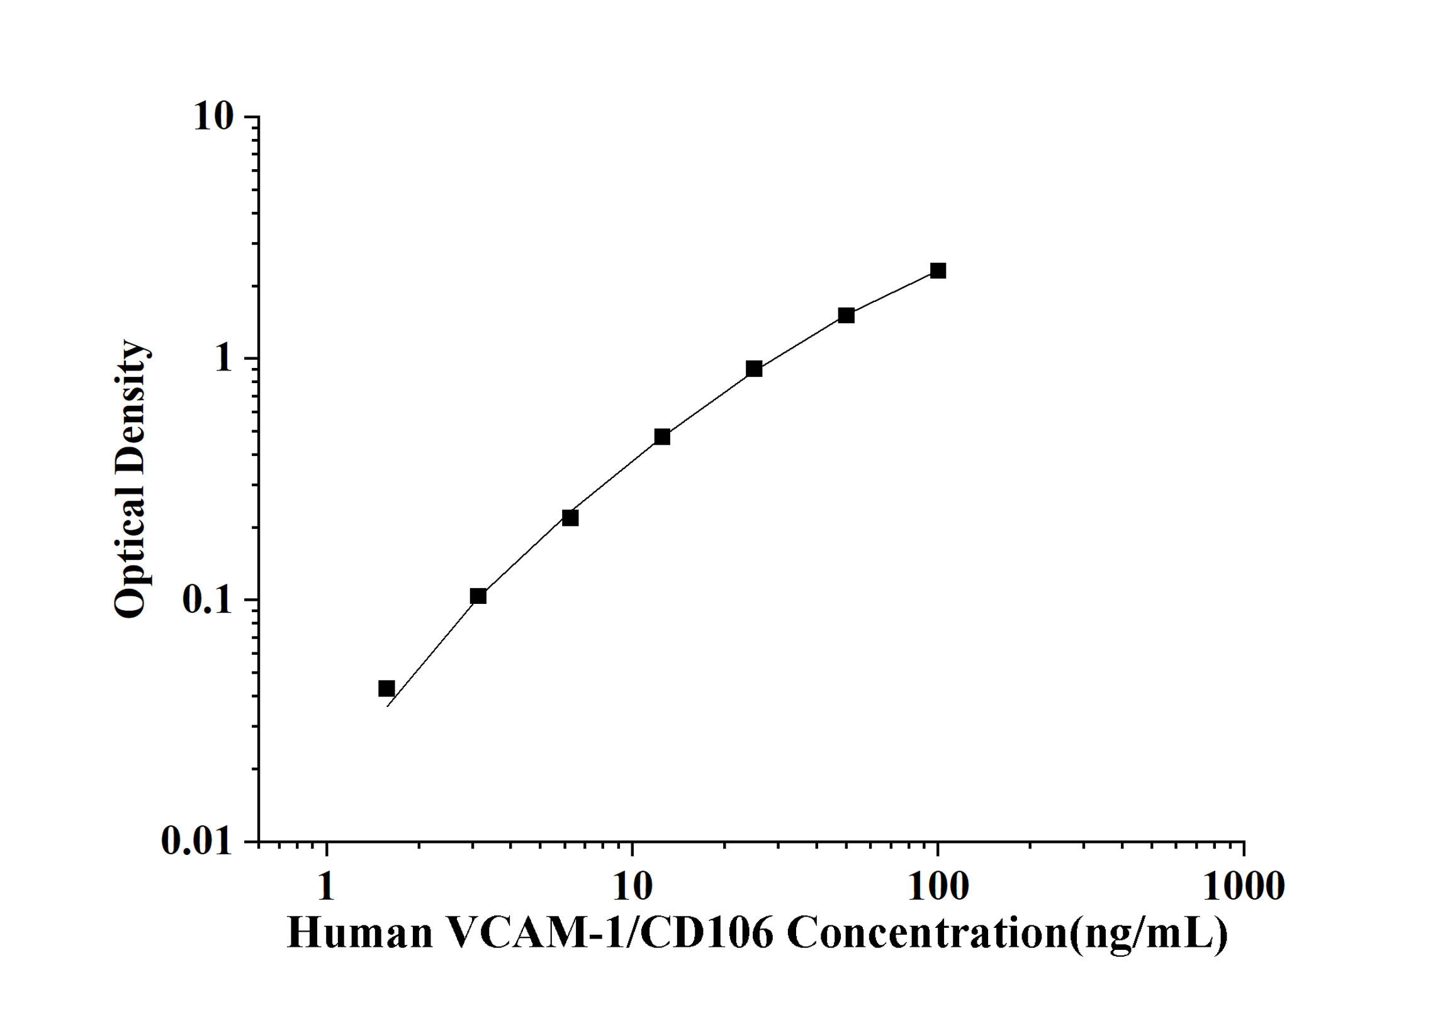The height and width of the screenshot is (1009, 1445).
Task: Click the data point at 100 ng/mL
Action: (x=938, y=271)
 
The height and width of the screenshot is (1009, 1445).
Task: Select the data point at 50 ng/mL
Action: (x=846, y=315)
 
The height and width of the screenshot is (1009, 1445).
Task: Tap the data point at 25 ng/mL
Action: (x=754, y=369)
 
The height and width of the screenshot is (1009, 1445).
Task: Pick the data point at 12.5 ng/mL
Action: (x=662, y=437)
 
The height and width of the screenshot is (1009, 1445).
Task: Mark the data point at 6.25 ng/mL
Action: (x=570, y=518)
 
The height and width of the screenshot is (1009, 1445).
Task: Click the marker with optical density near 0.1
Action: (x=478, y=596)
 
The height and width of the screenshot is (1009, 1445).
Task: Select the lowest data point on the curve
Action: (x=386, y=688)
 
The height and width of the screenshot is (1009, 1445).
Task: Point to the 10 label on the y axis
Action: (x=213, y=117)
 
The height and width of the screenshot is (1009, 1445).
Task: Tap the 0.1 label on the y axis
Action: (x=207, y=600)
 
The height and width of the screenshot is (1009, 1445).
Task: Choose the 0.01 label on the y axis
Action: (x=196, y=841)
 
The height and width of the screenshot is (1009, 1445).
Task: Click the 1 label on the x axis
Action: (x=326, y=887)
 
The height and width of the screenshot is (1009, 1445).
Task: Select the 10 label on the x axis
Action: (x=632, y=887)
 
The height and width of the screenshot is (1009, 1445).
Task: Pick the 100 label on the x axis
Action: (x=938, y=887)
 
